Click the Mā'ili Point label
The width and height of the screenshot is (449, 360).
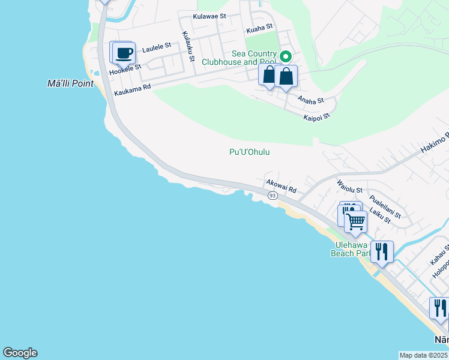70,83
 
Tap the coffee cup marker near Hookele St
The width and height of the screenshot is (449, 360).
124,53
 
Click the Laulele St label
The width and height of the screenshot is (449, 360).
157,45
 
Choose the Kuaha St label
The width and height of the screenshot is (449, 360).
259,27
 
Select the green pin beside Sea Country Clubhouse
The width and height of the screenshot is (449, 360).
286,57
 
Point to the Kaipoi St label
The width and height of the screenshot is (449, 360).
318,116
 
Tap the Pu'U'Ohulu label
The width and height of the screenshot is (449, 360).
249,152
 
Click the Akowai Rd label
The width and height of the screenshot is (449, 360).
281,186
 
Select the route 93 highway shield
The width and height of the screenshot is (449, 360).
273,196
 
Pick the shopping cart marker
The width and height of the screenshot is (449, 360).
356,221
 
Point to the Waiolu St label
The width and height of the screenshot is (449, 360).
350,186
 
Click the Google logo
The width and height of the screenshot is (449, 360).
20,352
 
